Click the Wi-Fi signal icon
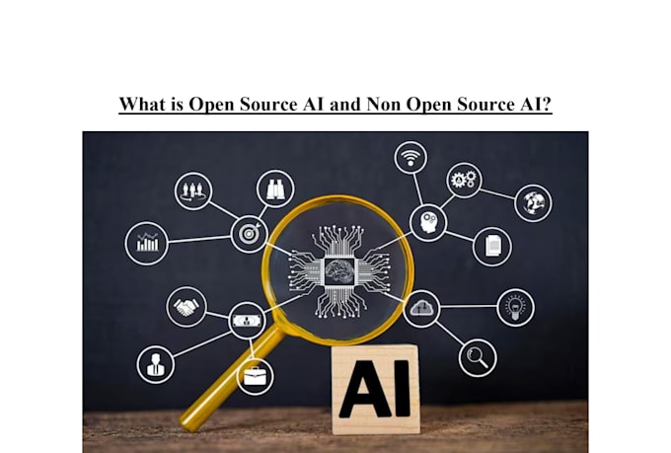coord(410,157)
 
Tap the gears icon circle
coord(464,180)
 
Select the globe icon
coord(533,203)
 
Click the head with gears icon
coord(428,223)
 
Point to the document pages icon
coord(492,247)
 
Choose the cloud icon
coord(421,308)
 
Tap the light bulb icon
coord(516,307)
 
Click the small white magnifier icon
coord(478,358)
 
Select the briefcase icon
coord(256,377)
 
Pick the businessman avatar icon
coord(155,364)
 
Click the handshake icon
coord(186,307)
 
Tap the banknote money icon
coord(247,321)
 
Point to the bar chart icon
coord(147,243)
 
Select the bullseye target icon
coord(250,233)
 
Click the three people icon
coord(193,190)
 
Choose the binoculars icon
coord(275,189)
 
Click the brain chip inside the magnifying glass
coord(339,271)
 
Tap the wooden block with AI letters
coord(375,389)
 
